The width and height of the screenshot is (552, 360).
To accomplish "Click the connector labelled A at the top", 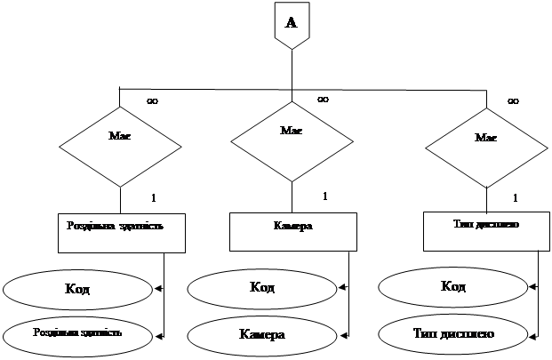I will [x=291, y=24].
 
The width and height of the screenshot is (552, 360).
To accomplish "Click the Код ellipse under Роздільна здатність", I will [x=77, y=289].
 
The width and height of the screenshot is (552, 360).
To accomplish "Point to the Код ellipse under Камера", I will [x=261, y=288].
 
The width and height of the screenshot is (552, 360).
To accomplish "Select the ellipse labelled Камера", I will [x=261, y=334].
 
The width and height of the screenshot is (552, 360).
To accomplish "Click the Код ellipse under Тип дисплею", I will [x=453, y=286].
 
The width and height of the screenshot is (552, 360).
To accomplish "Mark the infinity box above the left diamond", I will [x=152, y=102].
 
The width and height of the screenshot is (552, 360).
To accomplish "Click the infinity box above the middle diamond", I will [x=323, y=100].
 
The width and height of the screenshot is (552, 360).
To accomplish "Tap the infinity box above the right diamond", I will [x=513, y=101].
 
